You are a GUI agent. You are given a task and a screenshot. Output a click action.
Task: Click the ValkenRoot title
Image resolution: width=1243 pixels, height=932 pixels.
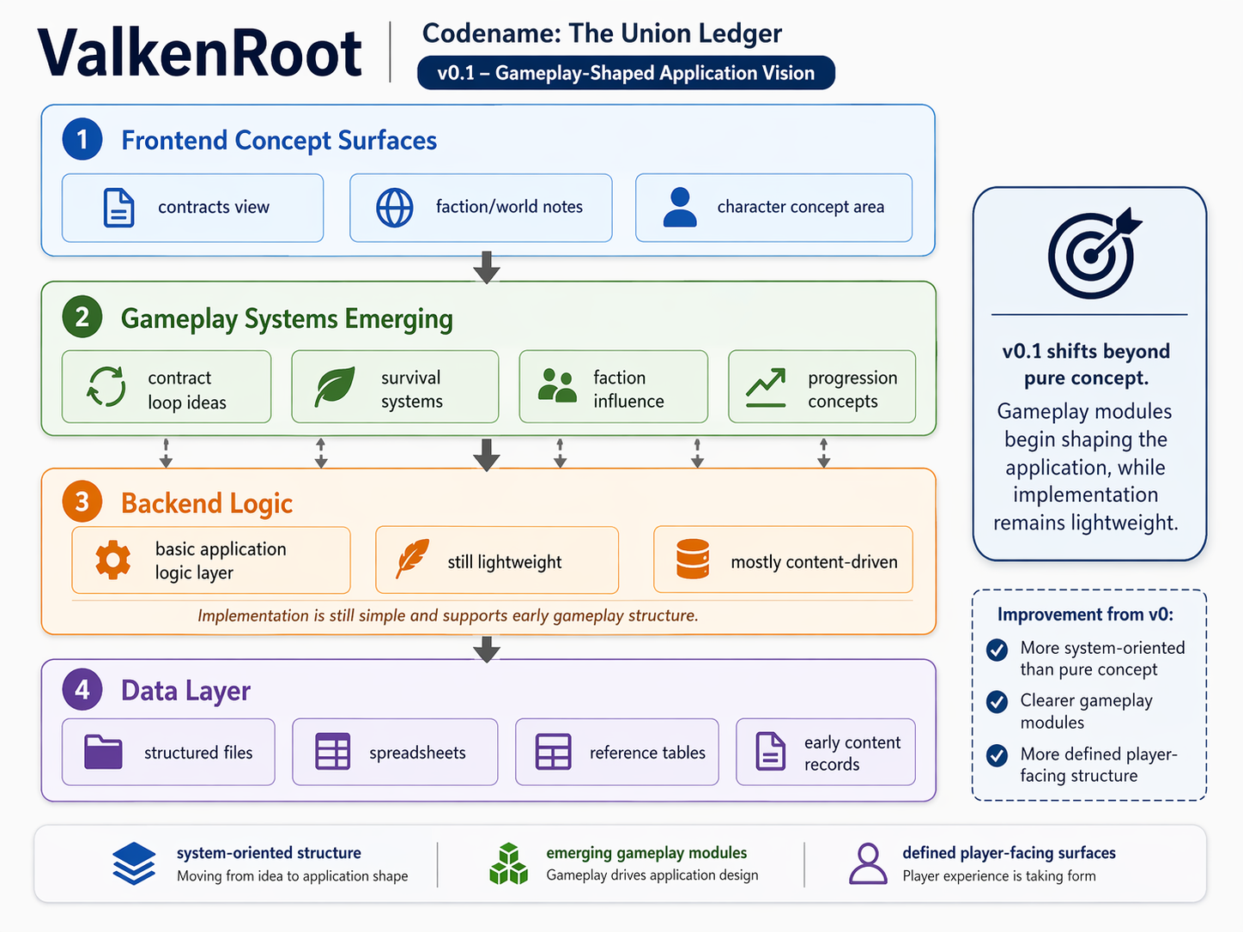(199, 53)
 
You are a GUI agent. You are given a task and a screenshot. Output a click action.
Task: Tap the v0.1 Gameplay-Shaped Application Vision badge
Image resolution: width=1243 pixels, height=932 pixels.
(626, 73)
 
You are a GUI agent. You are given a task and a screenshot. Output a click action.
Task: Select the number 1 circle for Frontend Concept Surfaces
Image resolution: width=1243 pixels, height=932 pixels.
(82, 139)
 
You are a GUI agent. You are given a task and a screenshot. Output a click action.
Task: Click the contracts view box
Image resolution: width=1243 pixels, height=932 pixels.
(192, 208)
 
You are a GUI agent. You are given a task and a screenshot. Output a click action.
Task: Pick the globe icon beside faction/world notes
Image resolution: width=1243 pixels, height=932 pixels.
(395, 208)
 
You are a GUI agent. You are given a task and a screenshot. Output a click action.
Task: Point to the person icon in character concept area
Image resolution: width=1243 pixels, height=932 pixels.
(680, 208)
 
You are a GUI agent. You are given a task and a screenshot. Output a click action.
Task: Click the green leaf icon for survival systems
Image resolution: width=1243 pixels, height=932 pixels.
(335, 387)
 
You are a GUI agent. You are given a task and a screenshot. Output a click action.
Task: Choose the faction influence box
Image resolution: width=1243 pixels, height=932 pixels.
(613, 387)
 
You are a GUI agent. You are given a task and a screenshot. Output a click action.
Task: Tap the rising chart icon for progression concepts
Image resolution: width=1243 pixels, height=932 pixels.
(766, 387)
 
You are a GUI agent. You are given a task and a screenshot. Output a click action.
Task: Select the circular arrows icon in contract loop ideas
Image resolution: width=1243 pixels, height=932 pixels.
(106, 387)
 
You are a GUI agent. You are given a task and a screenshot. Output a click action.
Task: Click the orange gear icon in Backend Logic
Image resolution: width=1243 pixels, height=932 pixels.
(113, 560)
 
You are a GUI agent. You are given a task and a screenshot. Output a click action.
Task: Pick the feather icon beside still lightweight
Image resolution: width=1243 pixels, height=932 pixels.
(412, 560)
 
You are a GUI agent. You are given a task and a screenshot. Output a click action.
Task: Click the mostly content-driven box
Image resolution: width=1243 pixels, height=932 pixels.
(783, 560)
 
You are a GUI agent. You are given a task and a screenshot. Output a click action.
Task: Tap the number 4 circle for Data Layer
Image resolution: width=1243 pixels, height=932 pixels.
(82, 690)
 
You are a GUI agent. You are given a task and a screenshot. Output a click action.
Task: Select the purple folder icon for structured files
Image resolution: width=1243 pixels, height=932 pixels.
(103, 752)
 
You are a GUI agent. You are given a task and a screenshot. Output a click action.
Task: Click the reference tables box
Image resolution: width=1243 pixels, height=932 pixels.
(616, 752)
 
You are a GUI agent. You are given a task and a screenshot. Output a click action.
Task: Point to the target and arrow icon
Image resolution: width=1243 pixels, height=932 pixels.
(1092, 253)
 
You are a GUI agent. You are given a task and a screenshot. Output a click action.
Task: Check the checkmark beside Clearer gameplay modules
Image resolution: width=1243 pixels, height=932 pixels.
(997, 702)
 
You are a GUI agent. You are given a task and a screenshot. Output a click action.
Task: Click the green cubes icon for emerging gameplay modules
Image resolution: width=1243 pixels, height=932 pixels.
(508, 863)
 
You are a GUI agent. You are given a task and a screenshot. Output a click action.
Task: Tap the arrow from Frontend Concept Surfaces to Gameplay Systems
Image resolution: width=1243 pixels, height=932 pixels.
(487, 268)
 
